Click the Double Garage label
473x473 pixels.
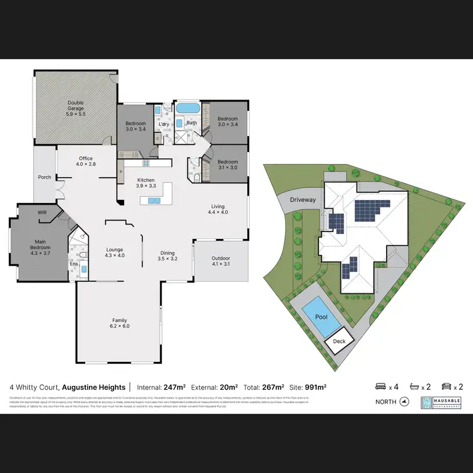tap(76, 108)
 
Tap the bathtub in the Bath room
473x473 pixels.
tap(187, 108)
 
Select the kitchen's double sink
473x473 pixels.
tap(154, 201)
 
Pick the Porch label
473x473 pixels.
tap(45, 177)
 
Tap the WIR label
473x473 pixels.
tap(42, 213)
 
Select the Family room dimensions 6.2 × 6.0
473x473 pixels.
tap(120, 326)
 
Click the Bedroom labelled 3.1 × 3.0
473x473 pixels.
tap(228, 165)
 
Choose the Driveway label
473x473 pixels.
tap(303, 200)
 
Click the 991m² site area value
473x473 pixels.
tap(315, 387)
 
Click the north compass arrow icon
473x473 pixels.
tap(405, 402)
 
